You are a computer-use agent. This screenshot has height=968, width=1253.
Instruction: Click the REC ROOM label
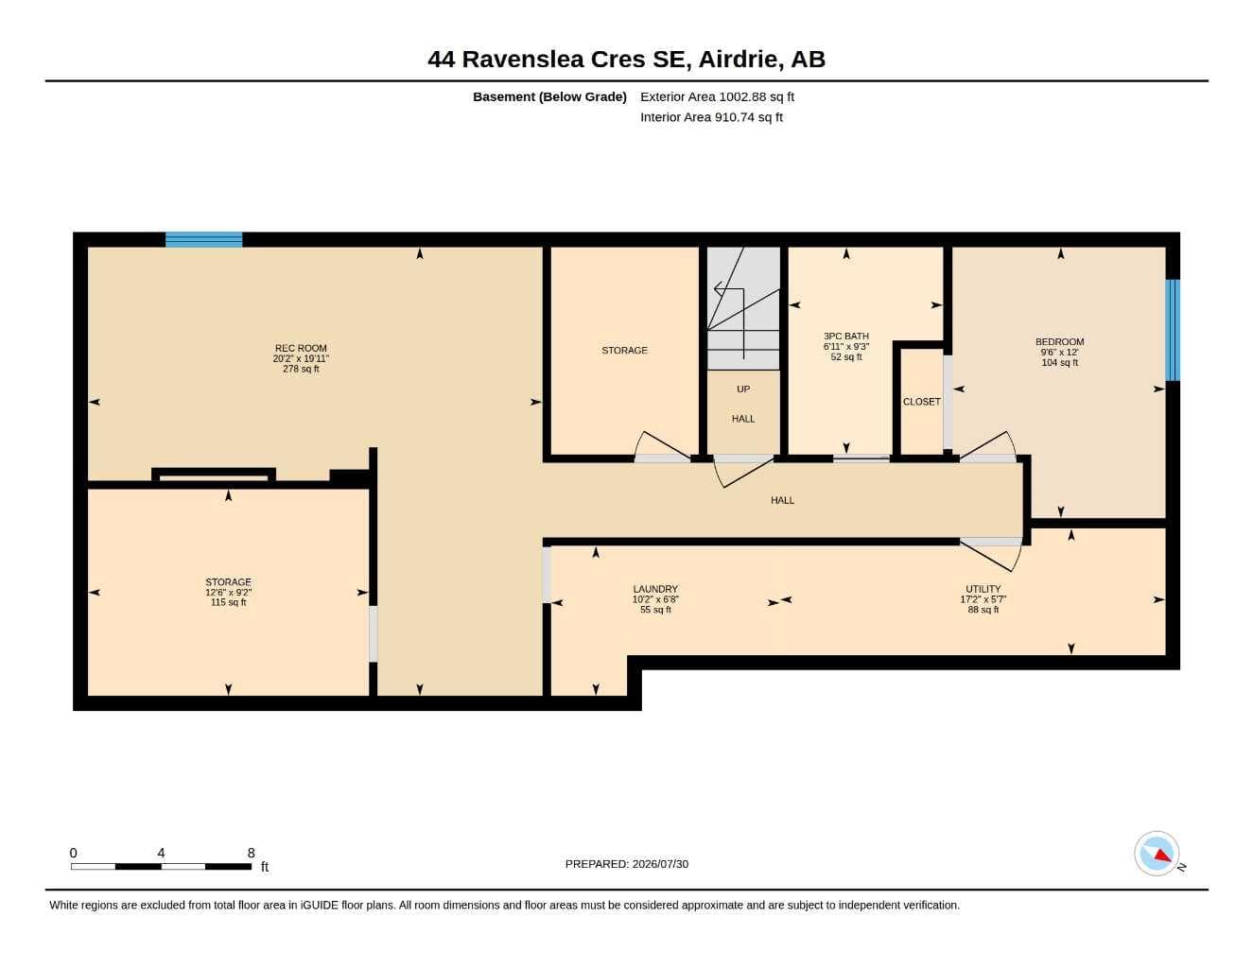tap(301, 348)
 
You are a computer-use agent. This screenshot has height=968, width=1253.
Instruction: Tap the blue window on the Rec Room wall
tap(203, 239)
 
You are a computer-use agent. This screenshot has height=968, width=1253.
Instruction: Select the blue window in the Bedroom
tap(1173, 330)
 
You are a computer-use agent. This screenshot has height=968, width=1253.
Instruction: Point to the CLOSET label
tap(921, 402)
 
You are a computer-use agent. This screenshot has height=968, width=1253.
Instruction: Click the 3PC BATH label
tap(846, 336)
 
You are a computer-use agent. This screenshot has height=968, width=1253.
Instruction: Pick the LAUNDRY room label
tap(655, 589)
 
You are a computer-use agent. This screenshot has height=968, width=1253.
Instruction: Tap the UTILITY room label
tap(983, 589)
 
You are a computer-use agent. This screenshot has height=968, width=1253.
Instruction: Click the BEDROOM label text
tap(1059, 341)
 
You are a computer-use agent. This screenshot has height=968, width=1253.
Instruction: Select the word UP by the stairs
tap(743, 389)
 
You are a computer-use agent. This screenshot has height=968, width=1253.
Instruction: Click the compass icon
tap(1157, 854)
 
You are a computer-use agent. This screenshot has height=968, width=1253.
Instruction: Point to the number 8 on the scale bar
tap(251, 853)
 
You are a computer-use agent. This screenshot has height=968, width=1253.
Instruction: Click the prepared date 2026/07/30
tap(660, 864)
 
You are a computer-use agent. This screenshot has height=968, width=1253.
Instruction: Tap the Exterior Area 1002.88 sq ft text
tap(717, 96)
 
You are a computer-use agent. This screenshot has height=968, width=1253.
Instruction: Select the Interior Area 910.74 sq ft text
tap(711, 117)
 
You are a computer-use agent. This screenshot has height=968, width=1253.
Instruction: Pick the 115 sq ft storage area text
tap(228, 602)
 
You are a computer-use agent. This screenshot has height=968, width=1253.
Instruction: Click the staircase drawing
tap(743, 308)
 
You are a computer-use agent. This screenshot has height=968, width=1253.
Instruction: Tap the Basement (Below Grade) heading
tap(549, 96)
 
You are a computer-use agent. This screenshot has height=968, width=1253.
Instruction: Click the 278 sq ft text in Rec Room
tap(301, 369)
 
